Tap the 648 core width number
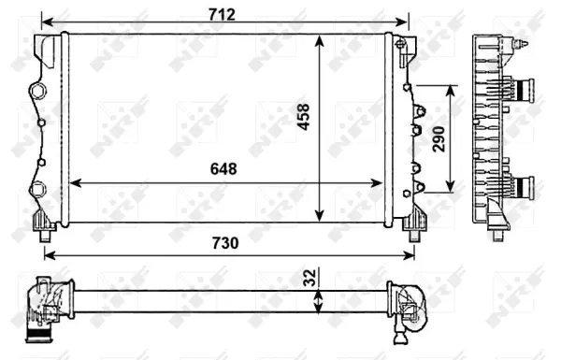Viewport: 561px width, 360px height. (x=223, y=169)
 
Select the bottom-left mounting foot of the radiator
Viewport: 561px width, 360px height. (x=44, y=224)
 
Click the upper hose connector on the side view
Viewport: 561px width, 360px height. (x=524, y=90)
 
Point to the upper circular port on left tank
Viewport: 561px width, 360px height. (x=38, y=91)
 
